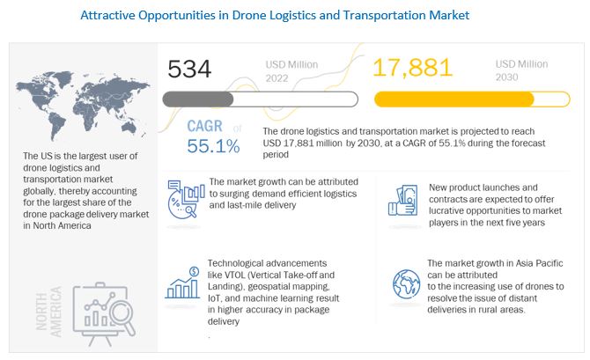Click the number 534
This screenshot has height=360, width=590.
click(192, 70)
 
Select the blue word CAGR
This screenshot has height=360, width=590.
click(204, 125)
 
